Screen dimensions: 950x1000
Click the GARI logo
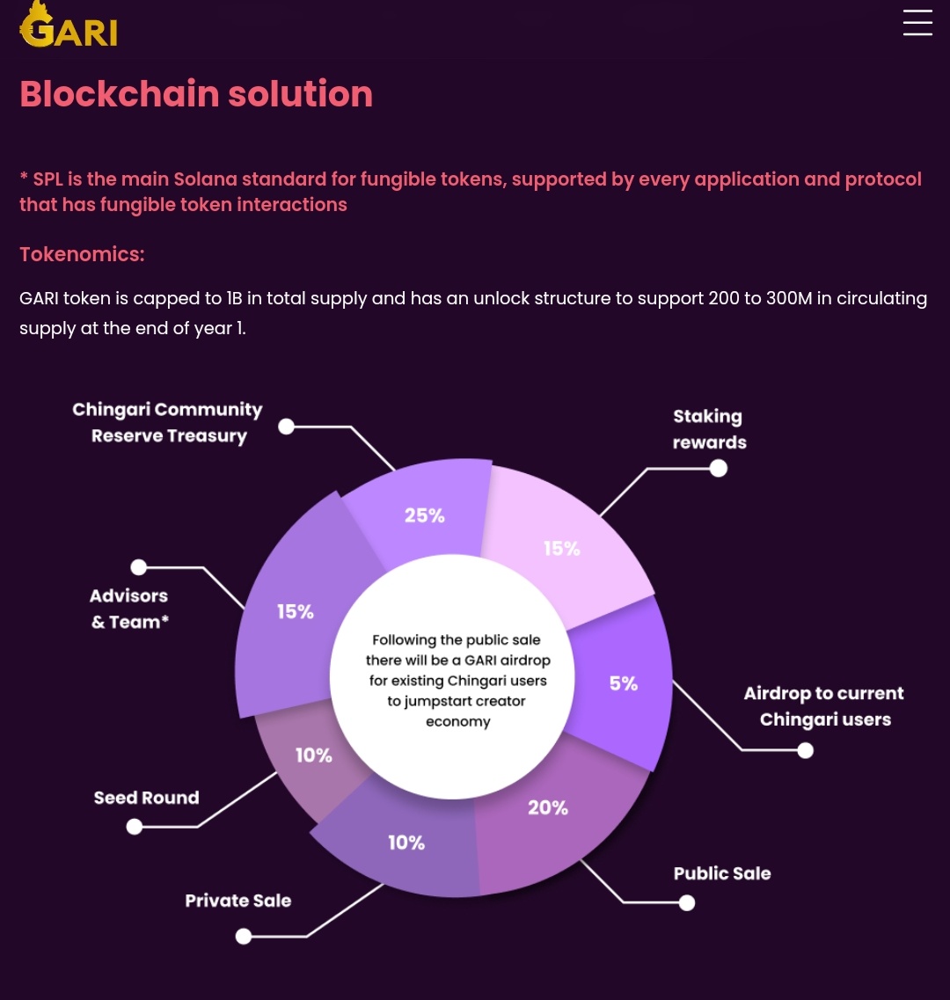point(69,26)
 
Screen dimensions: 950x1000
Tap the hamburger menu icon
point(917,22)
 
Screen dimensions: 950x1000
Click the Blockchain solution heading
point(196,94)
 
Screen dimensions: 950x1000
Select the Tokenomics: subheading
point(83,254)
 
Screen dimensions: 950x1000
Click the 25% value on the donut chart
point(424,515)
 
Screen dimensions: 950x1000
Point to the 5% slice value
point(624,683)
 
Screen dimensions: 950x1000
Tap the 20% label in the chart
point(547,808)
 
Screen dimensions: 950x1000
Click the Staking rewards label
point(709,429)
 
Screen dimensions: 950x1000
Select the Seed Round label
point(146,798)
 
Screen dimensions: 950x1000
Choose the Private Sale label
point(238,901)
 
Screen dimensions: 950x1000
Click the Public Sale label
point(722,873)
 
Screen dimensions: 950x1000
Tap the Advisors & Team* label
point(129,609)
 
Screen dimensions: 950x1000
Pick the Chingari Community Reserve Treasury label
point(167,422)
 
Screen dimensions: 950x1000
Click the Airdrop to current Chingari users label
point(823,706)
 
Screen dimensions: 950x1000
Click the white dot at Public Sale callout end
point(686,902)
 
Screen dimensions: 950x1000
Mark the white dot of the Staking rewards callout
point(719,469)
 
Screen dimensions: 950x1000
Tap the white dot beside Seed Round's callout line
point(134,827)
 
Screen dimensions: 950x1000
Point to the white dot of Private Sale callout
point(243,936)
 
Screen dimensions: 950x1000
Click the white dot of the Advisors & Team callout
point(138,567)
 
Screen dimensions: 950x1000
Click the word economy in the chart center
point(458,722)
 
